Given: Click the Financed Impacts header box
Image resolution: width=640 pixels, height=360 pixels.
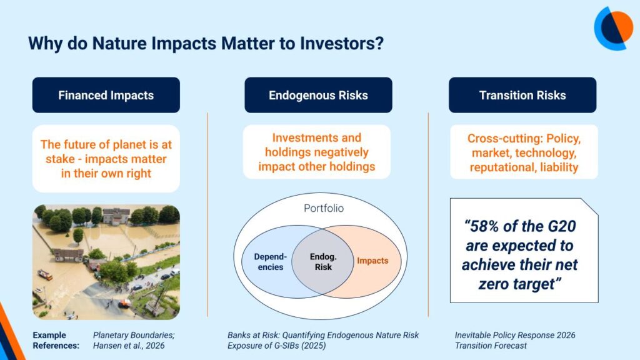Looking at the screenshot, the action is [x=106, y=95].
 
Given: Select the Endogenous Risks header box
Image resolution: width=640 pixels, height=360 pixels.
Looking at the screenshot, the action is [x=318, y=95].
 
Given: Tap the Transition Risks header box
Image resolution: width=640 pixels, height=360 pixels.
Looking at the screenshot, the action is [x=522, y=95].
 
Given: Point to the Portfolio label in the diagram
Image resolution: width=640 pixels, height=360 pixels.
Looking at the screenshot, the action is [x=324, y=208].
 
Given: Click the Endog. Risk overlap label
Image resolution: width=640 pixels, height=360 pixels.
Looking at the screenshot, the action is [x=323, y=262].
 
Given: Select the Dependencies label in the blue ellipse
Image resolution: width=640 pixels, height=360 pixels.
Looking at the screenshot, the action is [x=271, y=262].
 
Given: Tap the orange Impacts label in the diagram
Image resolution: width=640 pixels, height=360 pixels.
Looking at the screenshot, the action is [x=372, y=261].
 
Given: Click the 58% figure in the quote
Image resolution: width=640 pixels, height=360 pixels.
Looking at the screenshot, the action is [x=486, y=226].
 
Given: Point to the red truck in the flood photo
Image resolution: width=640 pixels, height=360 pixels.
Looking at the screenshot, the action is [x=45, y=275].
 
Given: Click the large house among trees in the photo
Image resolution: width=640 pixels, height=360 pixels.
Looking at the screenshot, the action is [x=116, y=216].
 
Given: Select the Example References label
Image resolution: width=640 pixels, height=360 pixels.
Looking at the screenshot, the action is [x=56, y=341].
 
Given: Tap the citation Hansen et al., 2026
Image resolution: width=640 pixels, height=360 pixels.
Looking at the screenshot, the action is [x=129, y=346].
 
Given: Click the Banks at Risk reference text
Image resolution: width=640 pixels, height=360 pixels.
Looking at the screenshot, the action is [x=323, y=341].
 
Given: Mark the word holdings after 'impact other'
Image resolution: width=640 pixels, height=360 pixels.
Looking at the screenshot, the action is [x=349, y=166].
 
